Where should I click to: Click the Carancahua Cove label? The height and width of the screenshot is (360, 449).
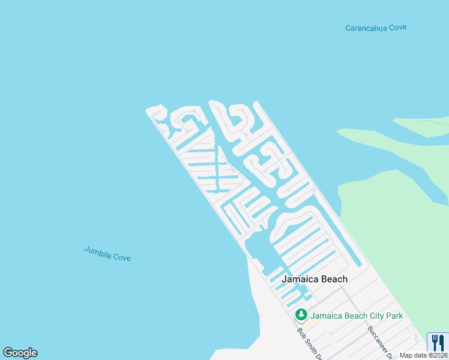point(376,28)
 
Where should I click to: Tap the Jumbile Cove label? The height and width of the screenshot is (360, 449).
point(107,254)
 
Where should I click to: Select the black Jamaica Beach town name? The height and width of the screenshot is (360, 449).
point(315,279)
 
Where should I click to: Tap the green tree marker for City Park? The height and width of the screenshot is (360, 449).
point(301,315)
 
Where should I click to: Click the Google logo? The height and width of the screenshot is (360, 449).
point(20,353)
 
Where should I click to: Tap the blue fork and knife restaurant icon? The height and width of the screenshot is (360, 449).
point(438,343)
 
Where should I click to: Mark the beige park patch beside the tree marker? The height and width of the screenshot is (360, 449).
point(313,322)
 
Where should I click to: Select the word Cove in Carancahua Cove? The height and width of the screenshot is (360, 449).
point(397,28)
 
